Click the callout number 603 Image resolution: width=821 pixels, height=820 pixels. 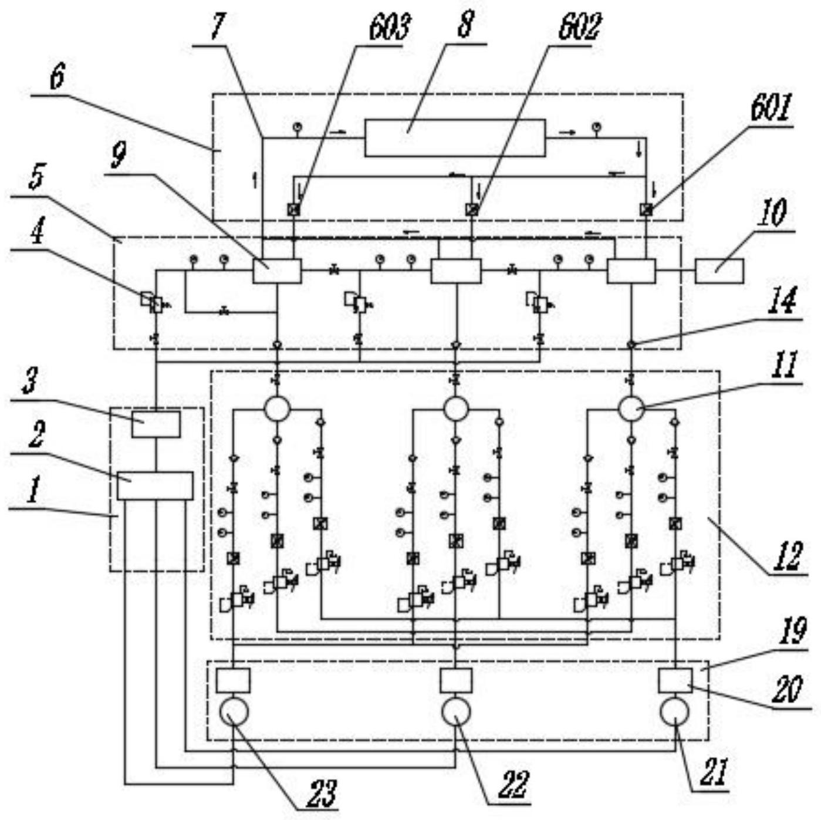(389, 28)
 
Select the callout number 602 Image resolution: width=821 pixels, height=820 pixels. (579, 28)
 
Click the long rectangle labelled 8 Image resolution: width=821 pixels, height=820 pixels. (455, 138)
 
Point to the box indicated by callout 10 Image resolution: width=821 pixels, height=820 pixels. (719, 271)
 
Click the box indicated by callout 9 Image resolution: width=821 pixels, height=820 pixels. (277, 271)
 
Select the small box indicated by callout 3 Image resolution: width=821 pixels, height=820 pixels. (156, 424)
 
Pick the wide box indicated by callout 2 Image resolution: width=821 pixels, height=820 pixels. (155, 485)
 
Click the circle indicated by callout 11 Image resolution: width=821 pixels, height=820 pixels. (631, 409)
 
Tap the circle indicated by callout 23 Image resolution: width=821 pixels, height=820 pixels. (234, 711)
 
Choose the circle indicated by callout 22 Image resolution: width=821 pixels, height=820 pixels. (456, 711)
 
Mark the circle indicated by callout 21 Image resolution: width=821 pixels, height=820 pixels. (675, 711)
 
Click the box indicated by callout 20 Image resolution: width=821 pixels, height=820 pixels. (675, 680)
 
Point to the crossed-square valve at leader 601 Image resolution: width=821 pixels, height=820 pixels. (646, 210)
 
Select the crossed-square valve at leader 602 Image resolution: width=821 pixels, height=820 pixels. (472, 210)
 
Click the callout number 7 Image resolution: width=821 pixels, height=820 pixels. (217, 26)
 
